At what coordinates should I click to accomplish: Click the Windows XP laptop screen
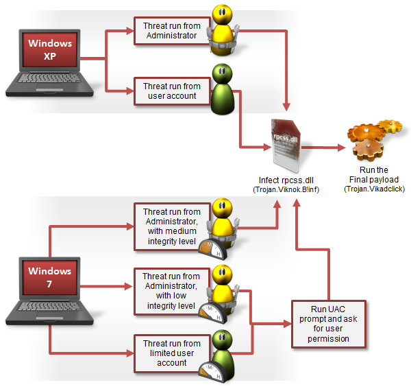(x=50, y=49)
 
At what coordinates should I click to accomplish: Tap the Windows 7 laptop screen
(x=50, y=277)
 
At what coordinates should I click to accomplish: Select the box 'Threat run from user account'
(x=172, y=91)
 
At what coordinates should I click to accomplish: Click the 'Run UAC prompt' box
(x=329, y=324)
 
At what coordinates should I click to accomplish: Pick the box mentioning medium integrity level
(x=172, y=226)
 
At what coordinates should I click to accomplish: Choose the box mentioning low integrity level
(x=172, y=291)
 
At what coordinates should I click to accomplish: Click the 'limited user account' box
(x=172, y=353)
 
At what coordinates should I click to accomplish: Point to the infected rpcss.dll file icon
(x=286, y=145)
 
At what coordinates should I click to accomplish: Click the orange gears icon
(x=374, y=140)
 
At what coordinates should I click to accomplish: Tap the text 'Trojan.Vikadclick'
(x=374, y=189)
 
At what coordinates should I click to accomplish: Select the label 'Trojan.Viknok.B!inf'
(x=286, y=190)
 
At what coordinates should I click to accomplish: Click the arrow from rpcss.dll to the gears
(x=323, y=148)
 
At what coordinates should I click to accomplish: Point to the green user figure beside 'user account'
(x=223, y=89)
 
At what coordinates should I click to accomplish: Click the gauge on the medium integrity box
(x=212, y=249)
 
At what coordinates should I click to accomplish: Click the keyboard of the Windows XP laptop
(x=49, y=78)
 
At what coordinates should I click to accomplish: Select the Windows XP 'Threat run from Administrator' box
(x=172, y=31)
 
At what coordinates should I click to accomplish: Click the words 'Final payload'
(x=374, y=180)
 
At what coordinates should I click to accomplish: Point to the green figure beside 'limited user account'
(x=223, y=354)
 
